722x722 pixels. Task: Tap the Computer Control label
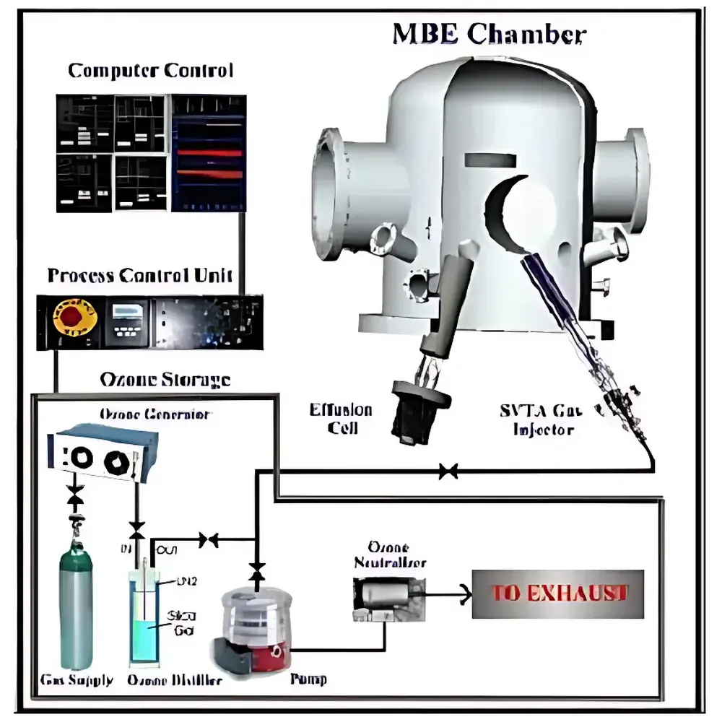coord(150,71)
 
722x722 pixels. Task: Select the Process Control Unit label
coord(140,275)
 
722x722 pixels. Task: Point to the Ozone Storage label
coord(165,379)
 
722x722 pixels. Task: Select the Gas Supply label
coord(77,680)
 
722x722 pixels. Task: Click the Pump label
coord(308,679)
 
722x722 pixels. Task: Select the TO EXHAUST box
coord(557,593)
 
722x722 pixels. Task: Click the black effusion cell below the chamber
coord(414,410)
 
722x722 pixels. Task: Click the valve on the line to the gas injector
coord(448,472)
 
